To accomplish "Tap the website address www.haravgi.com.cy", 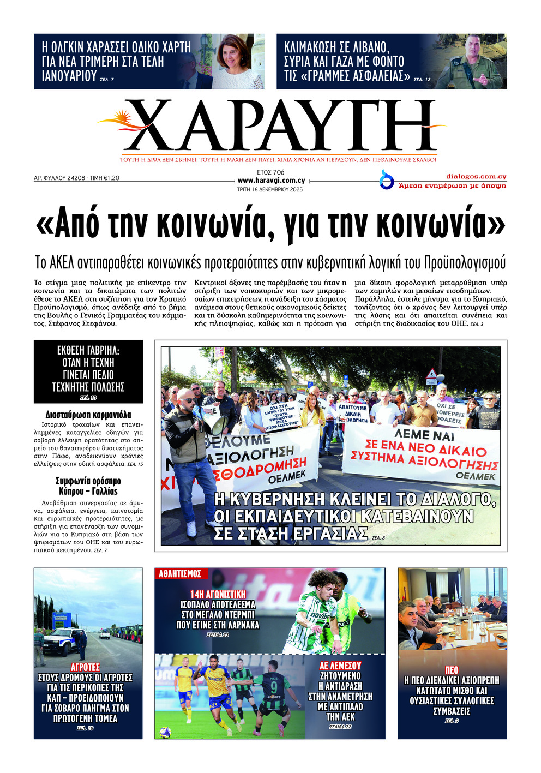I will click(x=271, y=181).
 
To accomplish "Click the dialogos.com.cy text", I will click(x=476, y=177).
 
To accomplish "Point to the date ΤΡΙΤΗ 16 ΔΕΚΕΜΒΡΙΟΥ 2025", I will click(x=269, y=190).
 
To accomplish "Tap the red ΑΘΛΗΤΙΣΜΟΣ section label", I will click(x=180, y=573).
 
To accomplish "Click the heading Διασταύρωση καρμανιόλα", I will click(x=88, y=415).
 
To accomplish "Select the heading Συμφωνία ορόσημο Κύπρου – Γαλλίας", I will click(x=88, y=486).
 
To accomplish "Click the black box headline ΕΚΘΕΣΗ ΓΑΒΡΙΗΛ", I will click(x=88, y=369).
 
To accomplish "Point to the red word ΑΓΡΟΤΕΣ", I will click(x=86, y=667).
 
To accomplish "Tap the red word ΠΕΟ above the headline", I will click(x=452, y=670).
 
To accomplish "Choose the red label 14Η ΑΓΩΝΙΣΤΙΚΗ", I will click(x=218, y=594).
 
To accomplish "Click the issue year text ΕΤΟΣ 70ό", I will click(x=270, y=172).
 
